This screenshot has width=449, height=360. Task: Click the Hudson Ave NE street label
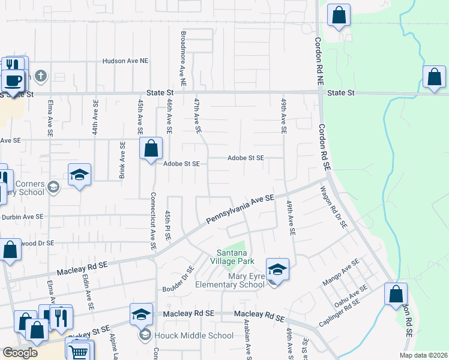coord(125,61)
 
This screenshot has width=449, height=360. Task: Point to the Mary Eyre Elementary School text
coord(230,280)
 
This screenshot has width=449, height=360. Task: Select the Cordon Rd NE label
coord(319,60)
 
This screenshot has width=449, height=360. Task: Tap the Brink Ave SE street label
coord(122,161)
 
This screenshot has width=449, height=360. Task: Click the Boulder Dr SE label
coord(178,280)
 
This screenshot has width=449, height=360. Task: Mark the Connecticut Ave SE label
coord(154,221)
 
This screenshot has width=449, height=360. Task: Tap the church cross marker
coord(40,76)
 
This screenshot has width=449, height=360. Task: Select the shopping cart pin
coord(79,351)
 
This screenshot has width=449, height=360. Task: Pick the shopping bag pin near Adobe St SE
coord(151,148)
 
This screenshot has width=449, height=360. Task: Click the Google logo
coord(20,353)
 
